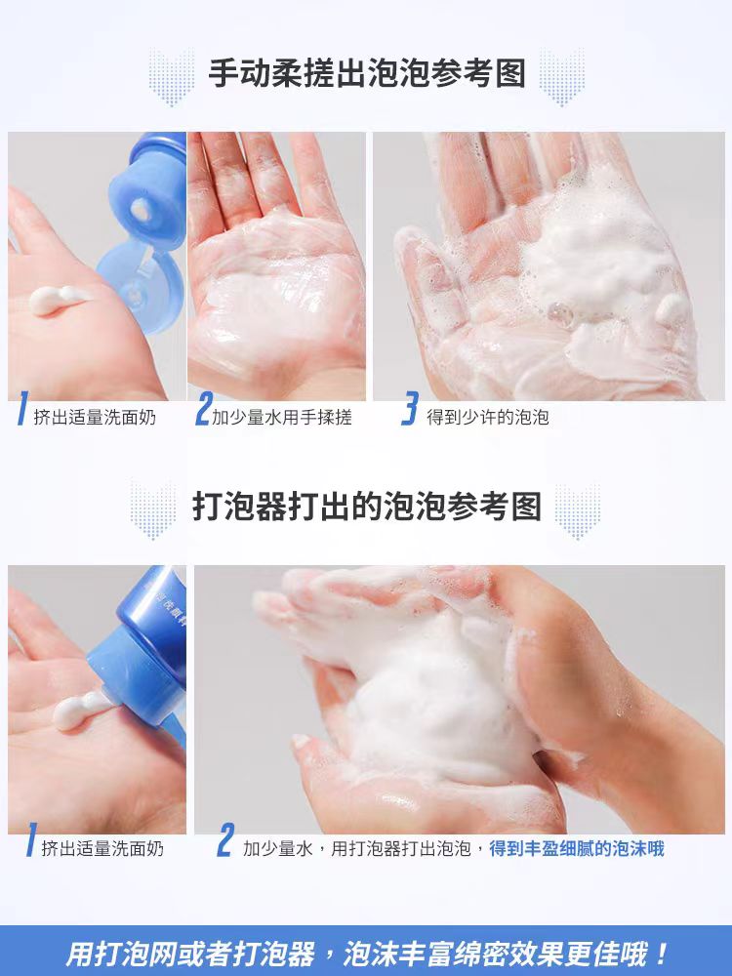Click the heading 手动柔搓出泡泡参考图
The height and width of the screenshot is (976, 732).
coord(367,73)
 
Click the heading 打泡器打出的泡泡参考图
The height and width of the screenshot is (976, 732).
coord(367,506)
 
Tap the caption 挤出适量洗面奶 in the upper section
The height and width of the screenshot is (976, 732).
coord(95,417)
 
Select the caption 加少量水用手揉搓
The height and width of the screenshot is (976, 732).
coord(282,417)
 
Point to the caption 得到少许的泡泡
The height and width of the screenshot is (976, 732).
coord(487,417)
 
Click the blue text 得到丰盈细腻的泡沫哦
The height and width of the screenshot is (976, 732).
coord(577,848)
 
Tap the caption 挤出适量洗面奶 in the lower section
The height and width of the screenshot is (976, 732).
coord(102,848)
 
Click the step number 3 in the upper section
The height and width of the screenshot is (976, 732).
coord(410,409)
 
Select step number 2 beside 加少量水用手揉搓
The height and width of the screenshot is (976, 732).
coord(203,409)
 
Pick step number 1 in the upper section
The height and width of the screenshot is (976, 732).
coord(22,409)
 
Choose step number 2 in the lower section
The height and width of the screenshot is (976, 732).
coord(225,839)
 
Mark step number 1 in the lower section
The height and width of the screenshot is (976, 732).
coord(30,839)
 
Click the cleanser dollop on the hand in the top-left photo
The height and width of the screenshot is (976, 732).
coord(60,300)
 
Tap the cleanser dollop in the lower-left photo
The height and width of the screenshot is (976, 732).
coord(81,711)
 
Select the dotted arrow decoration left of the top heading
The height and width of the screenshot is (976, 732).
coord(171,77)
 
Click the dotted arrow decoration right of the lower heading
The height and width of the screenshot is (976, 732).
coord(577,511)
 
